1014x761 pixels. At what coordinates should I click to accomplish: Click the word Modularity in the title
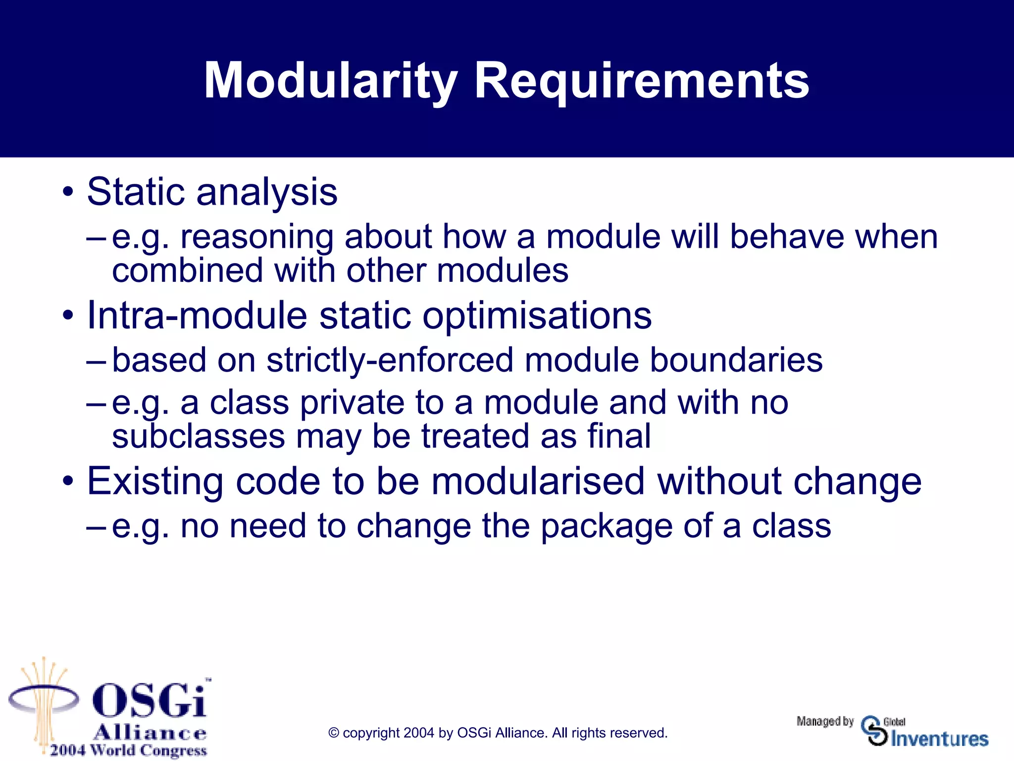330,81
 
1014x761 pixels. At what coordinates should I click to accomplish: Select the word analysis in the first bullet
267,192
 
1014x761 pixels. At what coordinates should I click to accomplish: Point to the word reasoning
256,237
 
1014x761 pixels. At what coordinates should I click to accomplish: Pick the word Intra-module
197,315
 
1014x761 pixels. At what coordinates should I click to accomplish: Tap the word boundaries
736,360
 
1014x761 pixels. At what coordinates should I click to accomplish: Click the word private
352,402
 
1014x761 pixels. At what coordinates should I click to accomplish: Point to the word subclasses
198,436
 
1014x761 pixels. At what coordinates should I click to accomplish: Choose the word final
619,436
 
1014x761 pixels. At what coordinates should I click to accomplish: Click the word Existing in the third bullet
155,481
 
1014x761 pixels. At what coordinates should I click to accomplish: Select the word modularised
538,481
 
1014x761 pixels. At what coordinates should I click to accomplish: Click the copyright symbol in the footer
334,733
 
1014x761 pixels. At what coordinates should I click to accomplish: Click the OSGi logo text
150,701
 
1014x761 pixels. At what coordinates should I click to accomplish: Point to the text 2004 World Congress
128,750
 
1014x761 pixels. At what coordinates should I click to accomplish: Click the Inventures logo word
939,739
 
